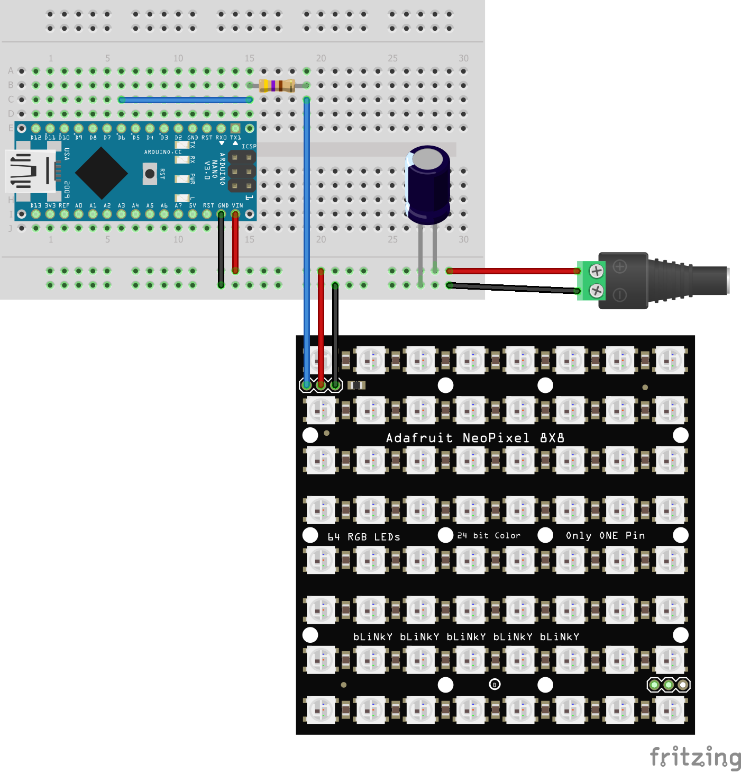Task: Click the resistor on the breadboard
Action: coord(277,85)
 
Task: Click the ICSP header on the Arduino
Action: coord(242,172)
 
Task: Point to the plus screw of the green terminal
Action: coord(596,271)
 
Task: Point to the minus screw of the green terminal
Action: coord(596,290)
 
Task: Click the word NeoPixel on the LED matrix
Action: coord(496,438)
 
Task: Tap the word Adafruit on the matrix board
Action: coord(419,438)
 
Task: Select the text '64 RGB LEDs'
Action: coord(364,537)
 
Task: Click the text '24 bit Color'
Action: coord(489,536)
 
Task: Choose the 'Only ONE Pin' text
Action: coord(605,536)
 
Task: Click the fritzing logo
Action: coord(695,757)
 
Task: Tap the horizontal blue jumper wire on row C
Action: coord(185,100)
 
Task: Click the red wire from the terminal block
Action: coord(513,271)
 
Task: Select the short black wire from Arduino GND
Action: coord(221,249)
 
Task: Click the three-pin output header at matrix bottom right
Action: coord(669,685)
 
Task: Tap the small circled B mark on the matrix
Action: coord(495,685)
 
